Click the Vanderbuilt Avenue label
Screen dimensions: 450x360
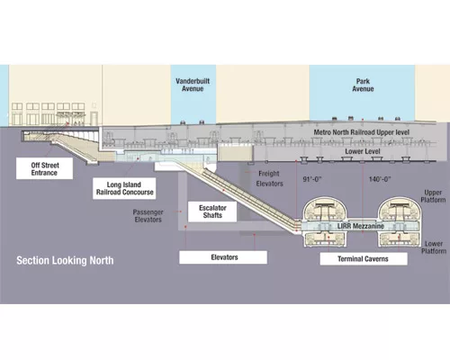point(193,85)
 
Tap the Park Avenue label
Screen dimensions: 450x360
point(363,85)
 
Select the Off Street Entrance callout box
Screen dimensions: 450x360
point(44,168)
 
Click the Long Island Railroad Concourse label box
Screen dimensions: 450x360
point(124,188)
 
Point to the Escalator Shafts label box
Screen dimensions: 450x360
point(212,211)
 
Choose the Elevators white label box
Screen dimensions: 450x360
point(223,257)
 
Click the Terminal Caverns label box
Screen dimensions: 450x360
point(364,258)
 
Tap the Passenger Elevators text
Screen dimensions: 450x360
point(148,216)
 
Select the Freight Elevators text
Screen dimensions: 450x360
point(269,178)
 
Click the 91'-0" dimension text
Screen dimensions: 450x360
point(312,179)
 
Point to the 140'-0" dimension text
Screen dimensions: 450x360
point(380,179)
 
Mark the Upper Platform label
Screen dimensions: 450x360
point(433,196)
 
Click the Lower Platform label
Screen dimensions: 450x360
point(434,247)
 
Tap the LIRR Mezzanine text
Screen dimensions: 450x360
point(361,226)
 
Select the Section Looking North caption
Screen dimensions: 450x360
point(65,260)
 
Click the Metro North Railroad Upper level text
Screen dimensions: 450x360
point(362,132)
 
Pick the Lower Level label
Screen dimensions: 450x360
point(363,151)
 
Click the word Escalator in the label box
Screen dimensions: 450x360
point(212,208)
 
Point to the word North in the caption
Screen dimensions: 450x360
point(102,260)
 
